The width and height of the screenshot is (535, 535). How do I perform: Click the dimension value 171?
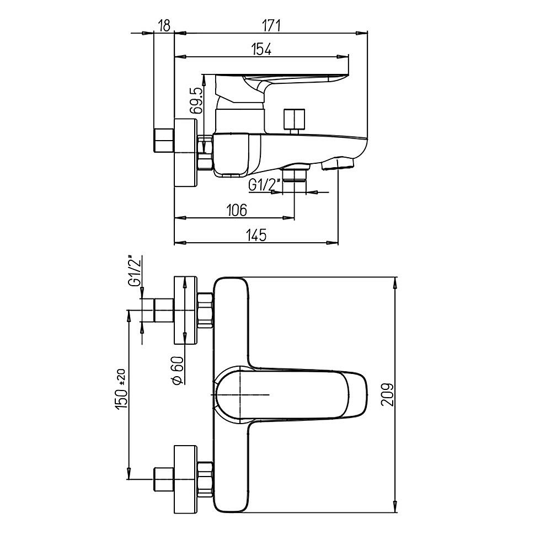271,26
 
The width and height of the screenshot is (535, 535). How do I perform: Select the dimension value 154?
261,49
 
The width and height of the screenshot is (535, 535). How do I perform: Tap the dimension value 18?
164,26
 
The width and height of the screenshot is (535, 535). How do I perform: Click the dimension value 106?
237,210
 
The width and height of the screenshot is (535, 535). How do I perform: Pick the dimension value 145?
256,236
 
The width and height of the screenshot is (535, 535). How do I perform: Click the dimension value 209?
387,394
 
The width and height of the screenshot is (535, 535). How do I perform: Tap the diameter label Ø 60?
178,371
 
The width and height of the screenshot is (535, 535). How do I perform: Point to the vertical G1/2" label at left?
135,270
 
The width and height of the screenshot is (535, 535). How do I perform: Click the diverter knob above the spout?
295,122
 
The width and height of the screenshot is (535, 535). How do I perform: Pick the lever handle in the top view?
291,394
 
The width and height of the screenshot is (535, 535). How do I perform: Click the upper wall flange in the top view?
186,310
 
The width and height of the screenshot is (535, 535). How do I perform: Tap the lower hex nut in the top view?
205,479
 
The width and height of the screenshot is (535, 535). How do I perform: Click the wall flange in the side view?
186,153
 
